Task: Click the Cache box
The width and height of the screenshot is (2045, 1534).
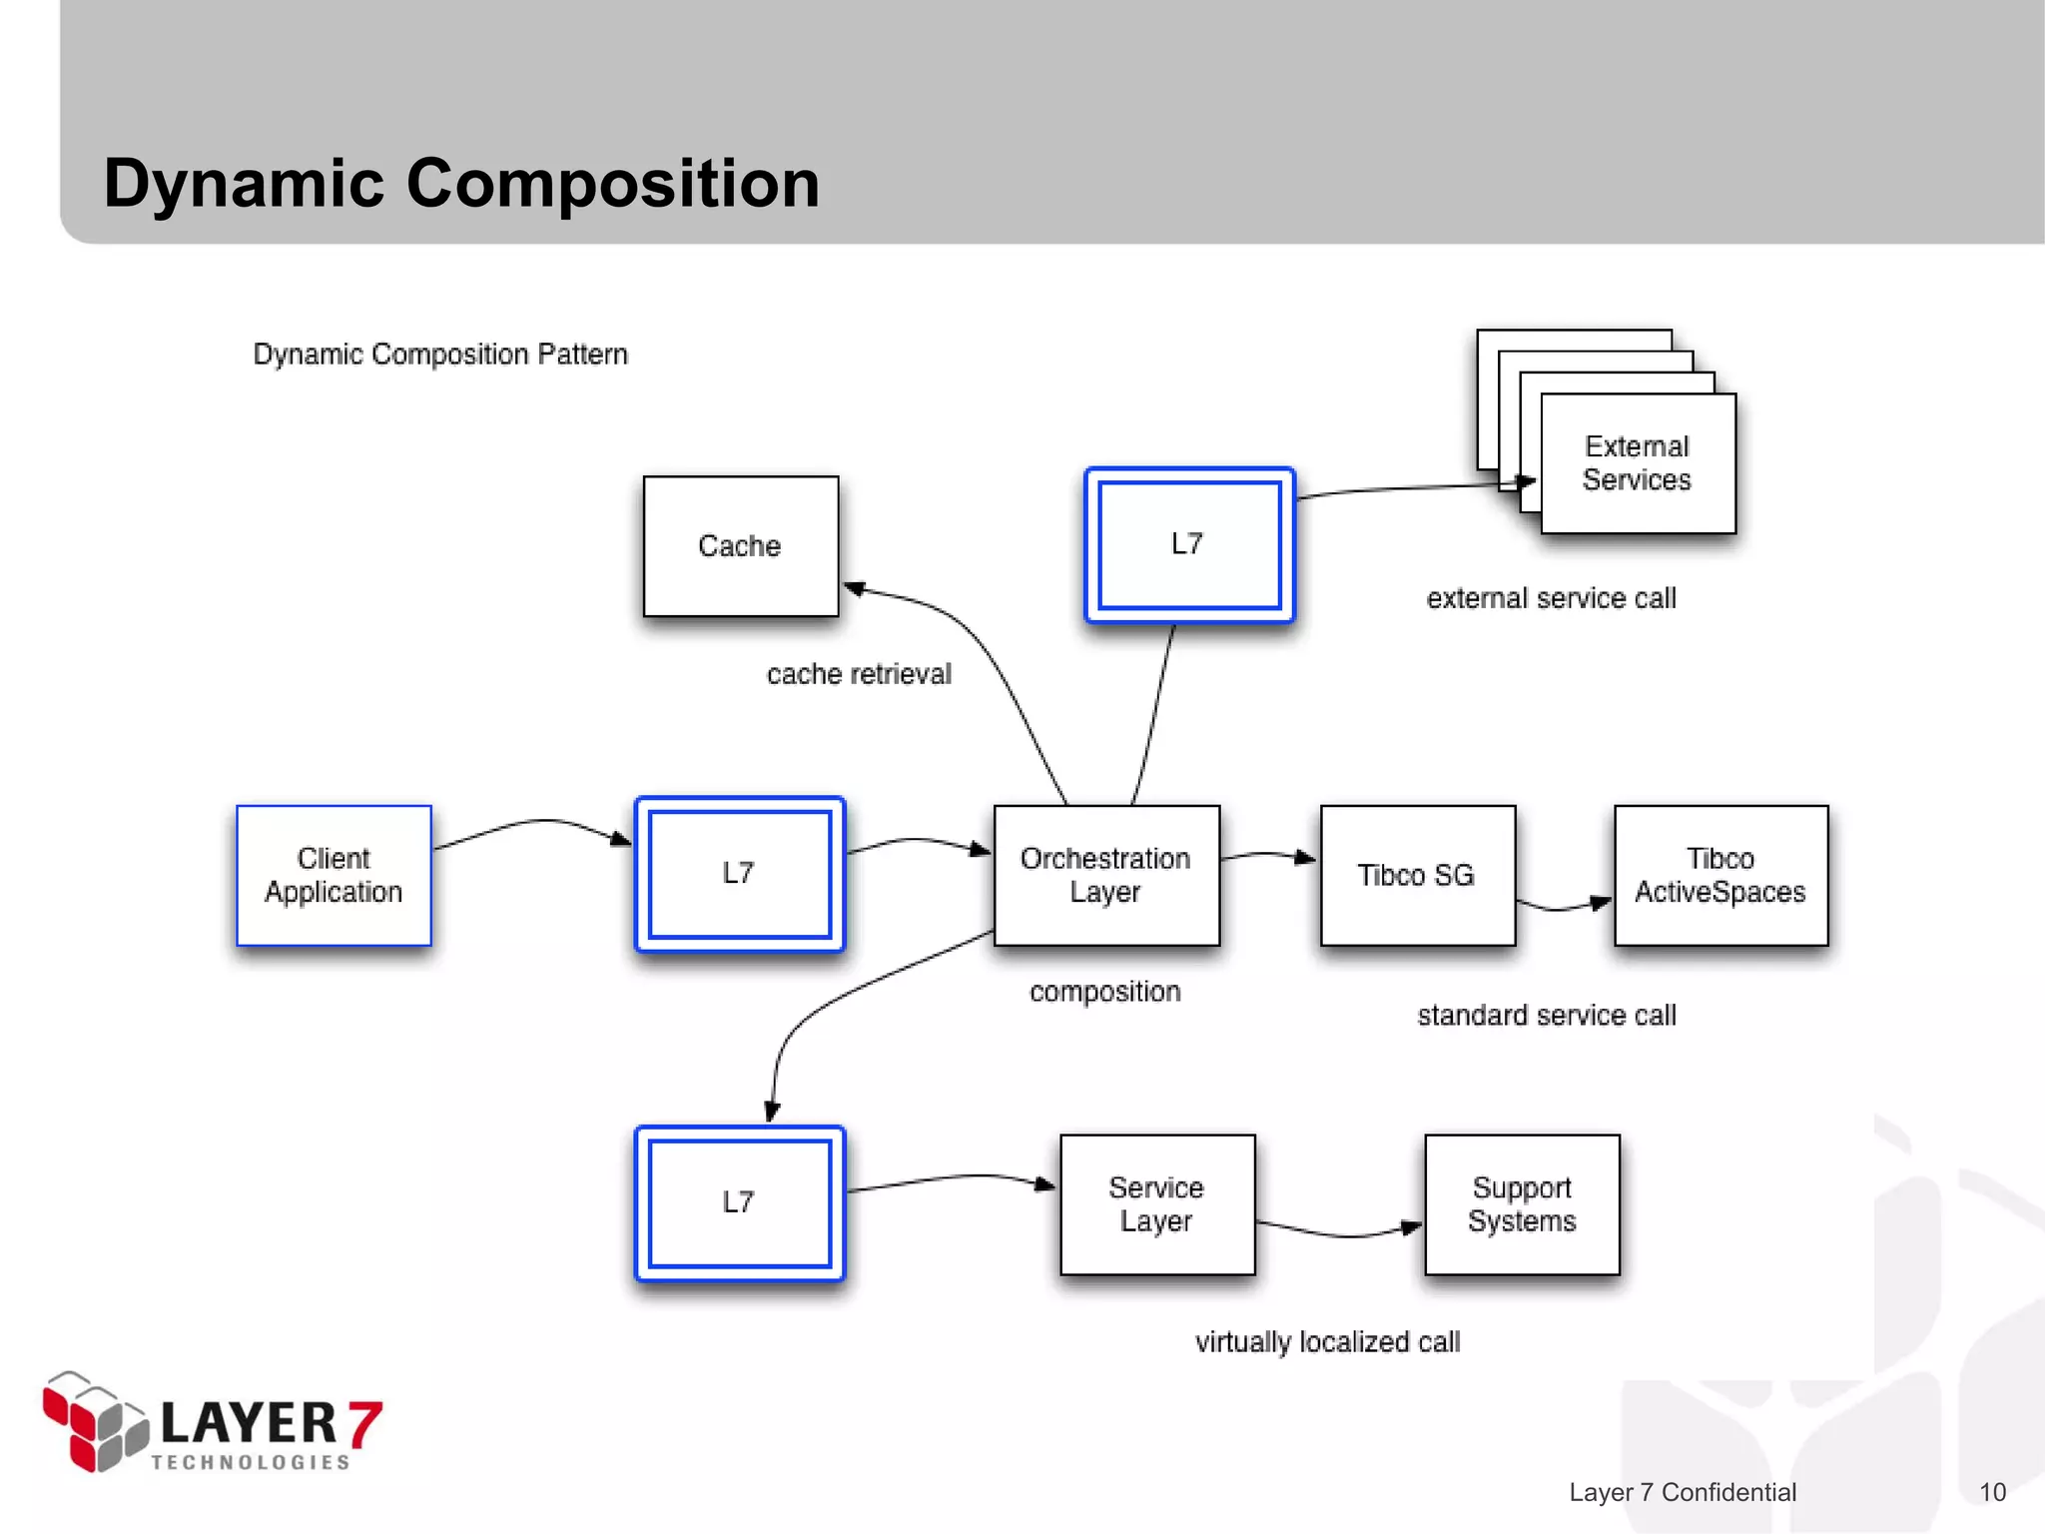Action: click(740, 546)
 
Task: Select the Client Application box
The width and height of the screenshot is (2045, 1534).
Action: click(334, 875)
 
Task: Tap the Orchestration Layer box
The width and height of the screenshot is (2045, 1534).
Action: click(1106, 875)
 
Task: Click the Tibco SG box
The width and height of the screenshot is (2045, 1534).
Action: click(1417, 875)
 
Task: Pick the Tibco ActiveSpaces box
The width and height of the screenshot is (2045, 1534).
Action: click(1720, 875)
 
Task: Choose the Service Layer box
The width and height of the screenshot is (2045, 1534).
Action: click(1156, 1203)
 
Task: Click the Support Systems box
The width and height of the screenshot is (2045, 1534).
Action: click(1522, 1203)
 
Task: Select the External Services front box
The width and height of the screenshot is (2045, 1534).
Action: click(1638, 463)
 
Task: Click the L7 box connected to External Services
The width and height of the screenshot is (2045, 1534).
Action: click(1189, 544)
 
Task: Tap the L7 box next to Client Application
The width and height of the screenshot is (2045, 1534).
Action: click(740, 874)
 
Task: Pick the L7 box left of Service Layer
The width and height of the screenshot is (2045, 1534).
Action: click(740, 1202)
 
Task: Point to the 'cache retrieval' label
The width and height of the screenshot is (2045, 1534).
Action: click(859, 674)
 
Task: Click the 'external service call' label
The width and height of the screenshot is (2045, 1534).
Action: click(1551, 598)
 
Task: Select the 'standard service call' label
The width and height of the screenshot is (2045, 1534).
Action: click(1547, 1016)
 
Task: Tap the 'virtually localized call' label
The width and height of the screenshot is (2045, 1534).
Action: click(1327, 1342)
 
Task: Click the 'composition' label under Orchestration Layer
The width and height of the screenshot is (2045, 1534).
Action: click(1105, 992)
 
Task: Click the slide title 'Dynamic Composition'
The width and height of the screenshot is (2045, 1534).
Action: click(461, 184)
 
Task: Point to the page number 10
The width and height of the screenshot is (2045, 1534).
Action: click(1992, 1492)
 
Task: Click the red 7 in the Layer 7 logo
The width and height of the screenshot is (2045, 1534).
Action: click(364, 1422)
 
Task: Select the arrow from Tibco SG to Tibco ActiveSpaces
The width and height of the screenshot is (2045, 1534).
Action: click(1564, 906)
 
